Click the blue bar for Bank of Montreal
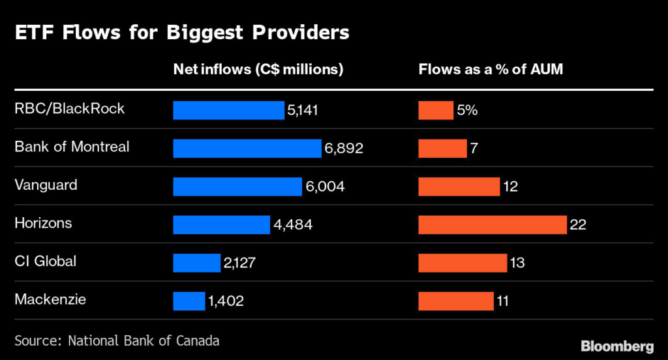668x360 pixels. (247, 149)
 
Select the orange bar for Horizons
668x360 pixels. (492, 225)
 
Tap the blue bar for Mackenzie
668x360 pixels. (189, 301)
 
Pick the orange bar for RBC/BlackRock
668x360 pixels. (435, 111)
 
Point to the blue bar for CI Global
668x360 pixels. (196, 263)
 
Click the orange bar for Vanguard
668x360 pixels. (459, 187)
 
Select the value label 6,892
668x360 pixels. (343, 149)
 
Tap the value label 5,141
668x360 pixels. (304, 111)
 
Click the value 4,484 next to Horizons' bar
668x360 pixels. (293, 225)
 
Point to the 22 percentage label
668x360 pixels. (578, 225)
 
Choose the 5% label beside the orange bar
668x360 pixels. (467, 111)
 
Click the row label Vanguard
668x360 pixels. (46, 185)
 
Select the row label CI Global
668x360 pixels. (45, 262)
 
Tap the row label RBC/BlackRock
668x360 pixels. (69, 109)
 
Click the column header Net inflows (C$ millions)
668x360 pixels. (258, 70)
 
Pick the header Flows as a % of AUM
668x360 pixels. (491, 70)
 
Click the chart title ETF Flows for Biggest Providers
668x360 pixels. (182, 33)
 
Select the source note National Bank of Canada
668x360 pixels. (117, 340)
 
